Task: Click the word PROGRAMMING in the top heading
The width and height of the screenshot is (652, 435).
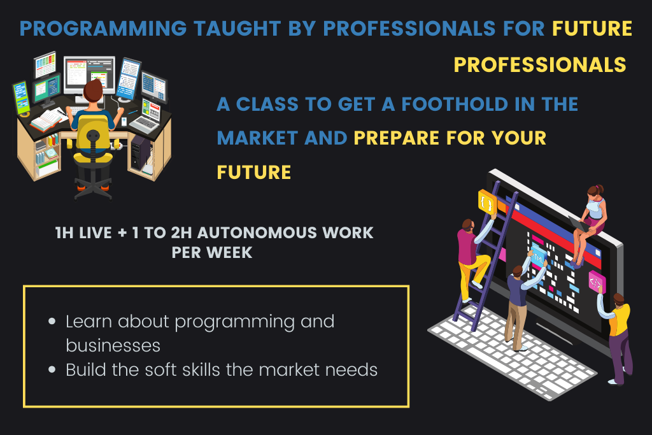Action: (103, 29)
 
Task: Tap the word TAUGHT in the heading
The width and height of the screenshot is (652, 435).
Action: (237, 29)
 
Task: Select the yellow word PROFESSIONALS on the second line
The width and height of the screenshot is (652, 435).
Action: (540, 65)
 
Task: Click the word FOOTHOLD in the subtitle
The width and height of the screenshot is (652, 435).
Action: (455, 104)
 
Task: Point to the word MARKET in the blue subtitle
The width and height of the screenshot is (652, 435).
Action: (257, 138)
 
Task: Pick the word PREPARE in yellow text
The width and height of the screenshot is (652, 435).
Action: (396, 138)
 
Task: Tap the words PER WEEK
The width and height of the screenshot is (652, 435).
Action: (211, 252)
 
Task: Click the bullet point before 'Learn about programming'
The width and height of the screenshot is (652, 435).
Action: (52, 322)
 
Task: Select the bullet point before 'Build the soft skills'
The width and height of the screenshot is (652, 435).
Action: (52, 369)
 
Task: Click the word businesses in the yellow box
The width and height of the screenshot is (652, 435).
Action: (113, 346)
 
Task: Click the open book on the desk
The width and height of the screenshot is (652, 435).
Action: (46, 120)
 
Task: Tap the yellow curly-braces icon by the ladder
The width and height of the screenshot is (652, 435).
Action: (487, 203)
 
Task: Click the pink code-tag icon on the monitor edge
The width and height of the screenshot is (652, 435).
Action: (596, 282)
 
